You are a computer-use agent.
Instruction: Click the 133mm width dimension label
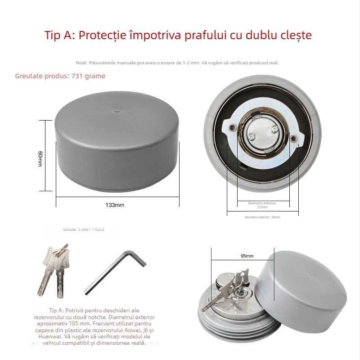pyautogui.click(x=115, y=205)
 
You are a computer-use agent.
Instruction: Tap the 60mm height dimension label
pyautogui.click(x=40, y=159)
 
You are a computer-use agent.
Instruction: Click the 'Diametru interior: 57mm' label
pyautogui.click(x=262, y=205)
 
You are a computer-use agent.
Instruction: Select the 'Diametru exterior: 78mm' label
pyautogui.click(x=262, y=217)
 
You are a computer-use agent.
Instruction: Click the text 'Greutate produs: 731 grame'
pyautogui.click(x=60, y=76)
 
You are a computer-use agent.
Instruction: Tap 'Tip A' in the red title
pyautogui.click(x=59, y=35)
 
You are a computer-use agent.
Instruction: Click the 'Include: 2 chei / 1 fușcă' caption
pyautogui.click(x=84, y=229)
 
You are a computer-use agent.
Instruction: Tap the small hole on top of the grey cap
pyautogui.click(x=116, y=109)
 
